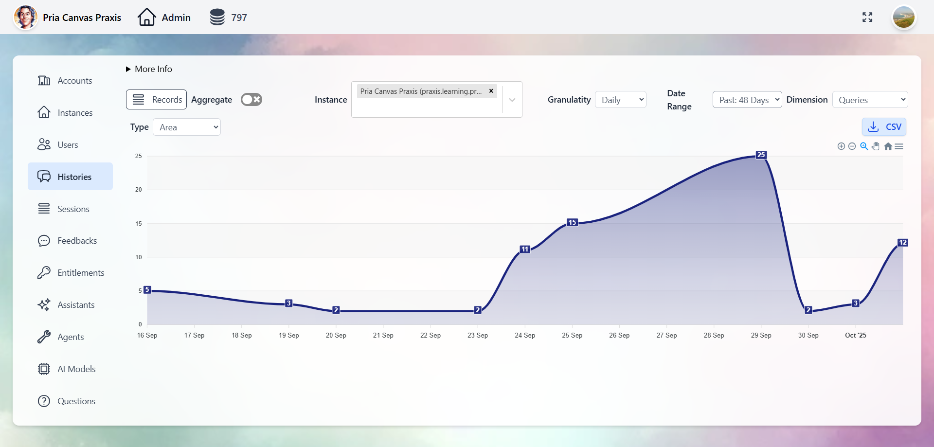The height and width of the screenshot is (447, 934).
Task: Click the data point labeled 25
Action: [761, 155]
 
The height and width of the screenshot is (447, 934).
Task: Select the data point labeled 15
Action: [572, 222]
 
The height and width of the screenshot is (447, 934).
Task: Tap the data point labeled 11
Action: [525, 249]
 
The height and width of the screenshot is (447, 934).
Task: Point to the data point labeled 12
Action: [902, 242]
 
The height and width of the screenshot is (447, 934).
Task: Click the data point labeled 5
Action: [147, 290]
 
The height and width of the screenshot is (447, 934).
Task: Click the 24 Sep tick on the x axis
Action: [525, 335]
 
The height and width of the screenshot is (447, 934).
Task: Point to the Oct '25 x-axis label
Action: [855, 335]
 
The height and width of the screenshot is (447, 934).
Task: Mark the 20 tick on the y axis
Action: [139, 190]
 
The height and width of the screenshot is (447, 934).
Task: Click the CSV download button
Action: [884, 127]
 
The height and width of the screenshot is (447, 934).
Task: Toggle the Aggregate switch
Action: [251, 100]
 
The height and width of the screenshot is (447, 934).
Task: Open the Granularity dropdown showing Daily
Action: [621, 100]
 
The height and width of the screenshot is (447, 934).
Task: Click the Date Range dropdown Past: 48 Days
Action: [747, 100]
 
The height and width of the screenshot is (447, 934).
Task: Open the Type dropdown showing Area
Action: [187, 127]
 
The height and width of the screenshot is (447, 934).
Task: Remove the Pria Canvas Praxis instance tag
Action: [491, 91]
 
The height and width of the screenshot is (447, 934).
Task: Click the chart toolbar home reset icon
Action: [888, 146]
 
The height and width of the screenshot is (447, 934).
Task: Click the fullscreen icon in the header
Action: [867, 18]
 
